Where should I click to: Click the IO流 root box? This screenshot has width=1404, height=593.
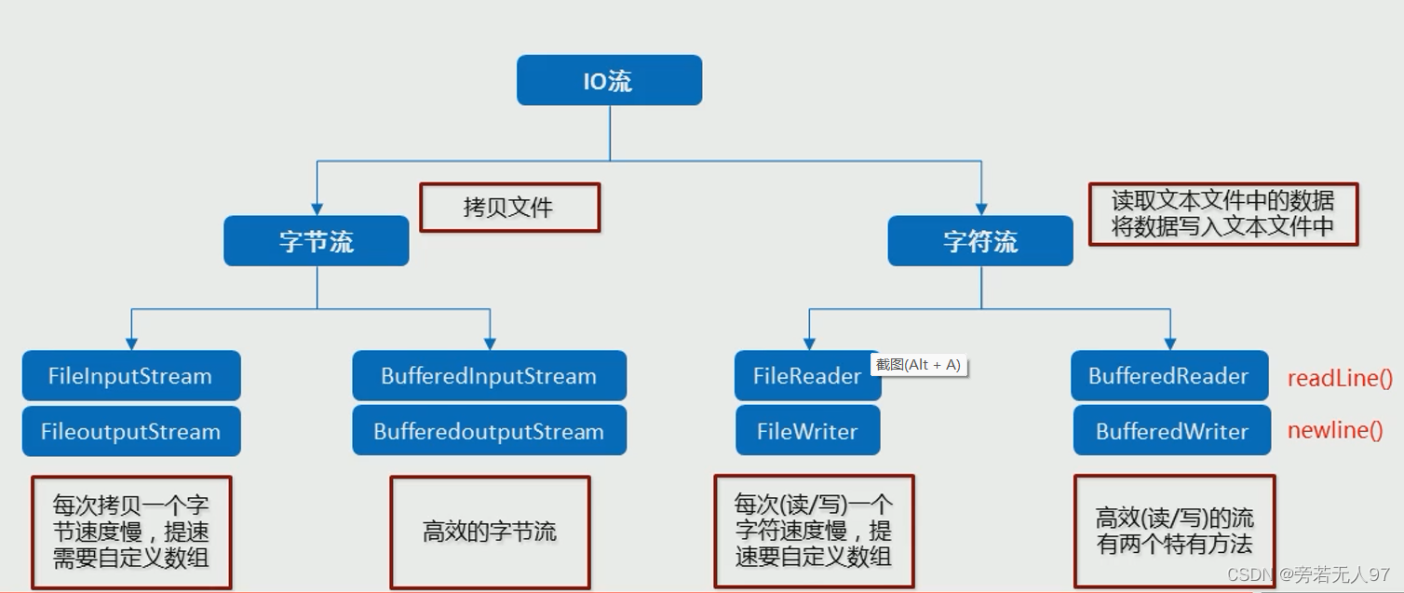(x=609, y=81)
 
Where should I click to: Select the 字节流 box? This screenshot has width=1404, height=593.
(x=317, y=242)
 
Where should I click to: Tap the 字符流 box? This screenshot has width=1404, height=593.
(x=980, y=242)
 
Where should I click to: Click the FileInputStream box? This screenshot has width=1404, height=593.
(x=130, y=376)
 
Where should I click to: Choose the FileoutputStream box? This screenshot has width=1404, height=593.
(x=130, y=431)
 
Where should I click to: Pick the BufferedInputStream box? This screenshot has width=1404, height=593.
(x=489, y=376)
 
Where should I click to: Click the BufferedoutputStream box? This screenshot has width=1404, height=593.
(x=489, y=431)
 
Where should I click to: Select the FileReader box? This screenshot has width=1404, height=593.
(x=806, y=376)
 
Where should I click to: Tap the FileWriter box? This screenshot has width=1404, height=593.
(x=806, y=431)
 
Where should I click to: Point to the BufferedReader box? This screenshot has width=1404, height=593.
(x=1168, y=376)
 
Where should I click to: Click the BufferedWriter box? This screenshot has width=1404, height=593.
(x=1171, y=431)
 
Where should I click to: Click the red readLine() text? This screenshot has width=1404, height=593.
(x=1340, y=378)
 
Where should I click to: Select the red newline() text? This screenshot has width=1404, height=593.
(x=1335, y=430)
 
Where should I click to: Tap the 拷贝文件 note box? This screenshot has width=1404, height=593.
(x=509, y=207)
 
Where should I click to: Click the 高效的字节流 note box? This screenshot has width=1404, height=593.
(x=490, y=532)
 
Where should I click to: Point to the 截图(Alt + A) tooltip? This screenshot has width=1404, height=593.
(x=919, y=365)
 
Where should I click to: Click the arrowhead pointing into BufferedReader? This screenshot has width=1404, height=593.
(x=1169, y=343)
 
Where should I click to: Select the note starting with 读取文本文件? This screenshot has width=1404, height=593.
(x=1222, y=214)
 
